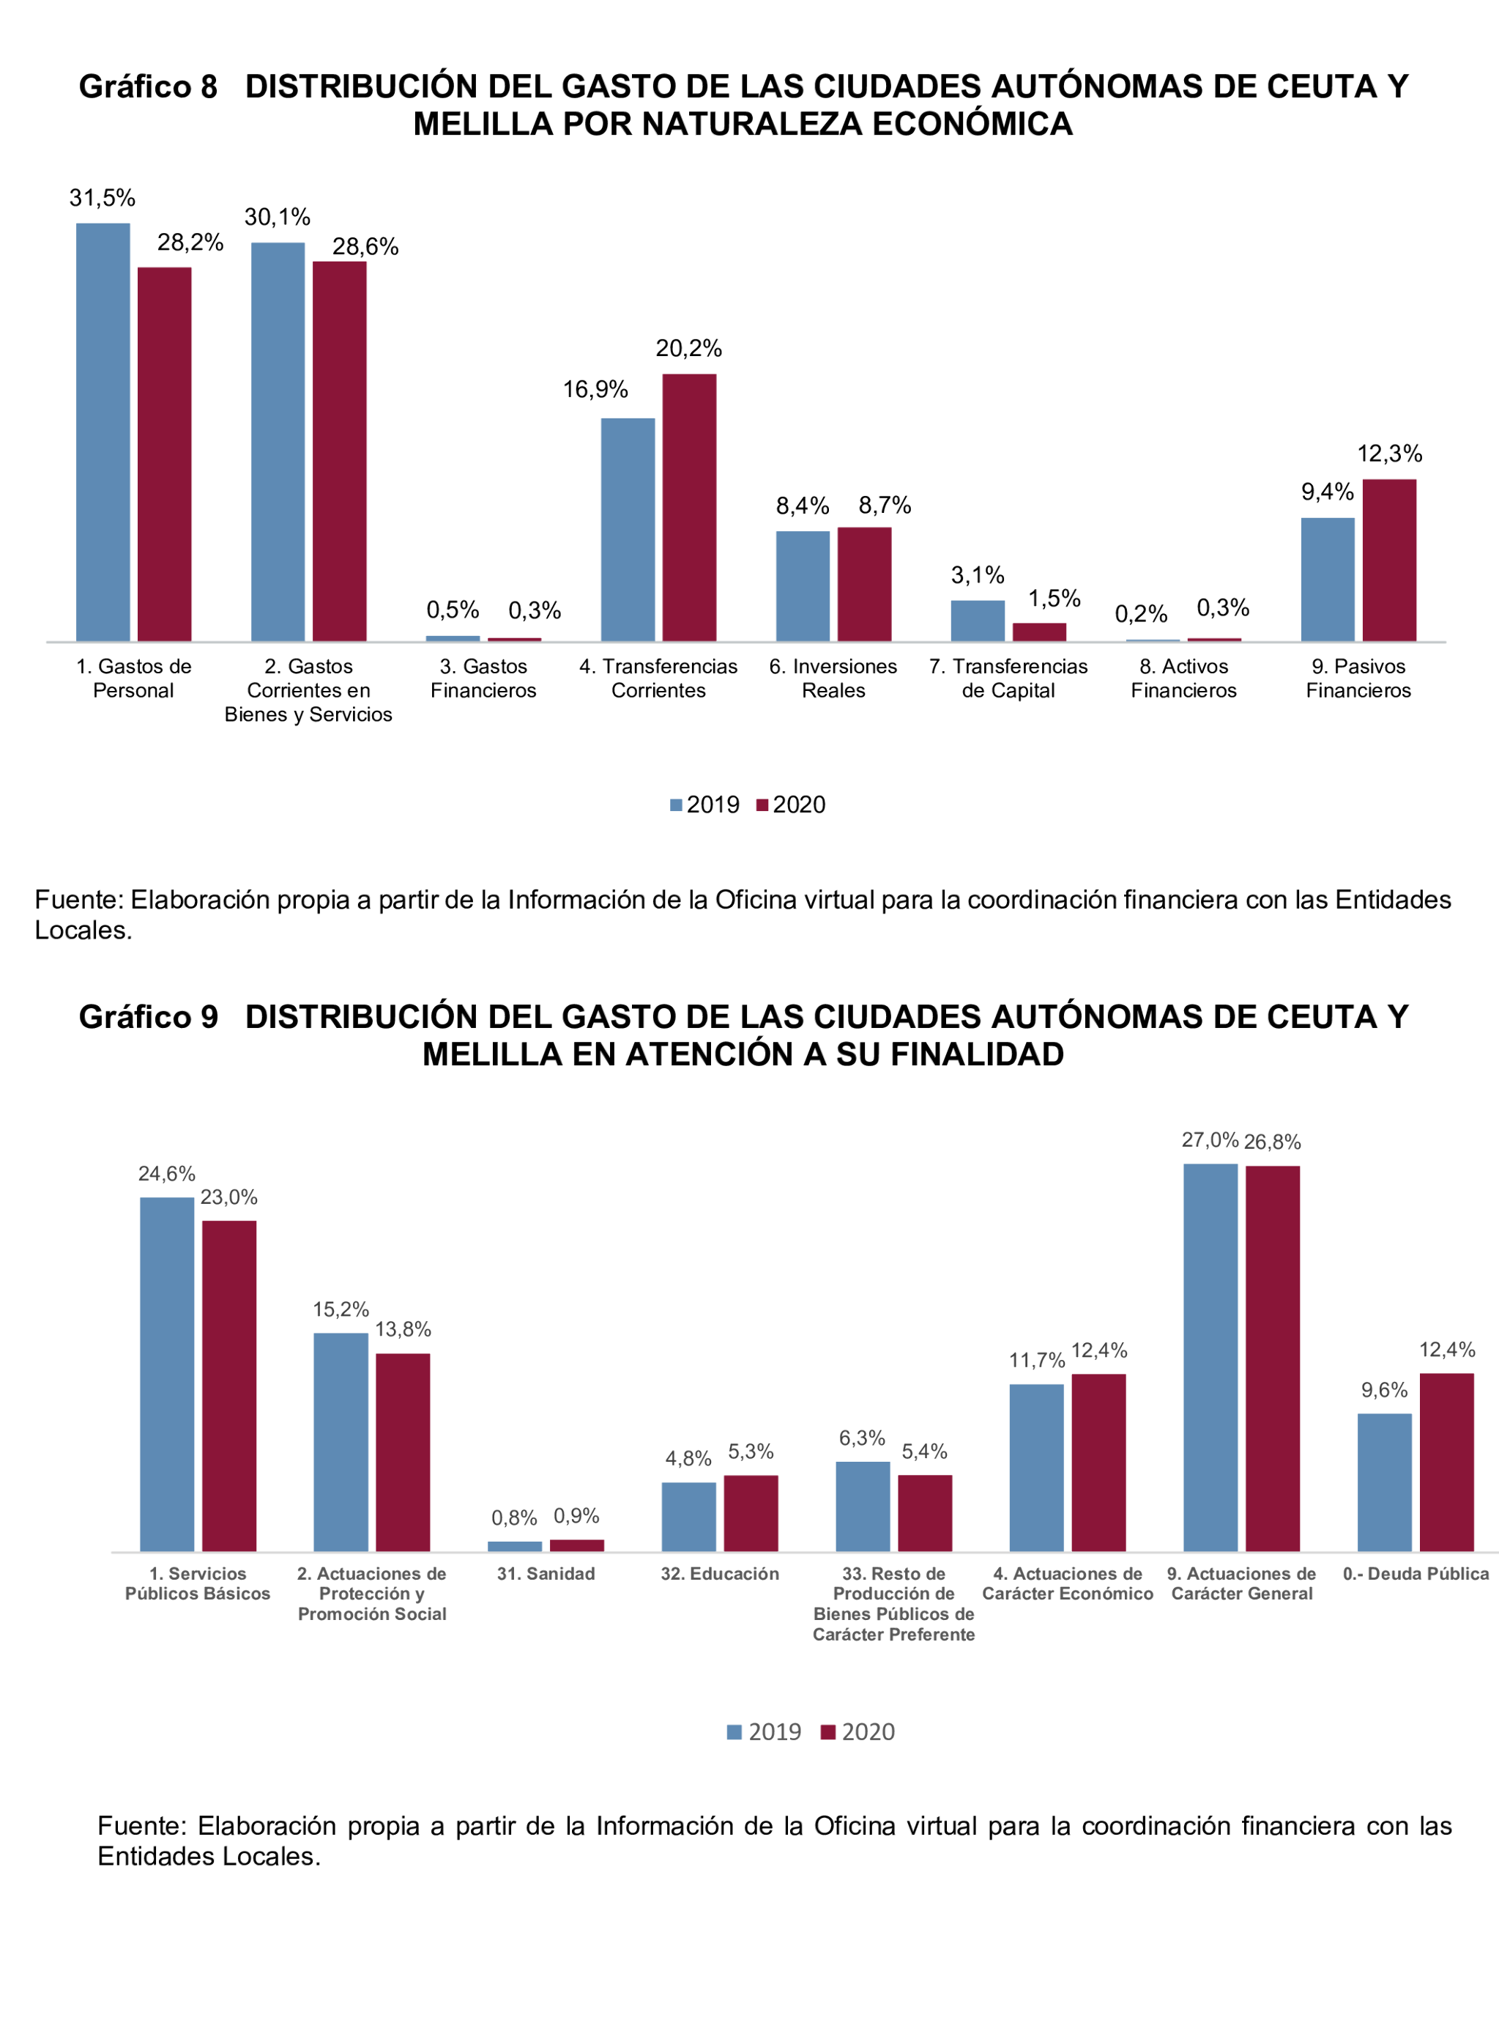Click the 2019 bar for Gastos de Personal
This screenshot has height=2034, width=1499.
tap(103, 432)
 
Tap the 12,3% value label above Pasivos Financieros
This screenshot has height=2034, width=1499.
tap(1389, 454)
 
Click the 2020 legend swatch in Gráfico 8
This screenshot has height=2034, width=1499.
tap(762, 805)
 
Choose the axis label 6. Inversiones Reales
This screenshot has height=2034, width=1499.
tap(833, 678)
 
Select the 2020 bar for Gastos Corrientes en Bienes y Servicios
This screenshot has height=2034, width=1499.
tap(339, 451)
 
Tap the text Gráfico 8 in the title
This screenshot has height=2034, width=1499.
tap(148, 86)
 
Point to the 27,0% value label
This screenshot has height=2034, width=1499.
tap(1210, 1140)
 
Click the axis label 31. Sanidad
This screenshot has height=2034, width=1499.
tap(546, 1574)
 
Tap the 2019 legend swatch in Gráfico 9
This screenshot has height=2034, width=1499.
tap(734, 1732)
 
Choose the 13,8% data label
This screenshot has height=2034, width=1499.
tap(403, 1330)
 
